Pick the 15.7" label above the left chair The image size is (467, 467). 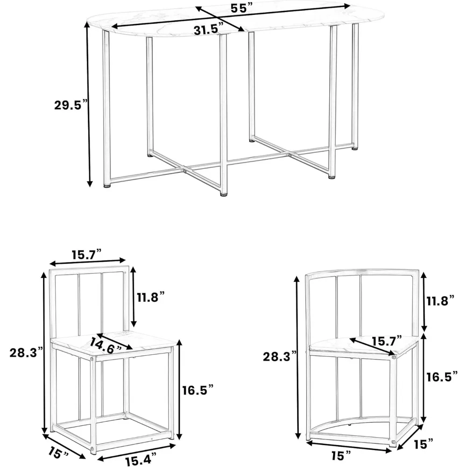coord(88,255)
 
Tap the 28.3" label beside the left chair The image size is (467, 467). coord(26,353)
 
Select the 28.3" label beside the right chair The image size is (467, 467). coord(278,357)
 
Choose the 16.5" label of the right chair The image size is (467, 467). coord(440,377)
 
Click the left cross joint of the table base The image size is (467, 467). coord(185,171)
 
